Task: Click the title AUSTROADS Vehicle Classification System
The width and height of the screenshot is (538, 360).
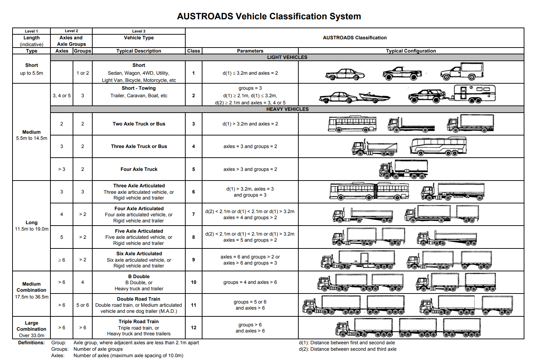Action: click(269, 16)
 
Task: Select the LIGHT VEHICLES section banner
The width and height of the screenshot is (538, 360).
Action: click(287, 57)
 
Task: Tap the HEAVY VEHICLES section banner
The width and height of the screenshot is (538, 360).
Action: click(287, 109)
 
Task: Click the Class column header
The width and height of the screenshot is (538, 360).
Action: click(194, 51)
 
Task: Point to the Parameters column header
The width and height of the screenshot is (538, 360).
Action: click(250, 51)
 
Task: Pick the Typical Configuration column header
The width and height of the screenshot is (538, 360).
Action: click(411, 51)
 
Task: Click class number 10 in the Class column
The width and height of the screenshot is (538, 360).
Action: click(194, 282)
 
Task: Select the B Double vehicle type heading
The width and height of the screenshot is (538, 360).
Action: click(139, 276)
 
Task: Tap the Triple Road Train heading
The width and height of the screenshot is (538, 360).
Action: click(138, 321)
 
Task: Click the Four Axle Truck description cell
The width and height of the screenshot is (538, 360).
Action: click(139, 169)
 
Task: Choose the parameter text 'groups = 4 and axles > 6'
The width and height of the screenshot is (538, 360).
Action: click(250, 282)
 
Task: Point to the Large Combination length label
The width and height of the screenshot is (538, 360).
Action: click(31, 326)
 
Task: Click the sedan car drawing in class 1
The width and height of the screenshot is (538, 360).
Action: click(345, 74)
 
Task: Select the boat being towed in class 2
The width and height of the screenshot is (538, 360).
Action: click(374, 96)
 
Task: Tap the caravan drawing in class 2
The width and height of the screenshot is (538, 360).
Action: click(475, 94)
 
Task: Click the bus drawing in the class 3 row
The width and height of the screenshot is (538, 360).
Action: click(352, 124)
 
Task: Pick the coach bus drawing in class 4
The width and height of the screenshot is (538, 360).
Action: click(438, 146)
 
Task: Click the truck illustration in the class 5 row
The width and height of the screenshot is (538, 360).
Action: click(403, 169)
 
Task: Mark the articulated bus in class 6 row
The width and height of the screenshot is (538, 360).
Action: click(369, 192)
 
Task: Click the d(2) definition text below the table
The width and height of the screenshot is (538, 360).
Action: click(347, 349)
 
